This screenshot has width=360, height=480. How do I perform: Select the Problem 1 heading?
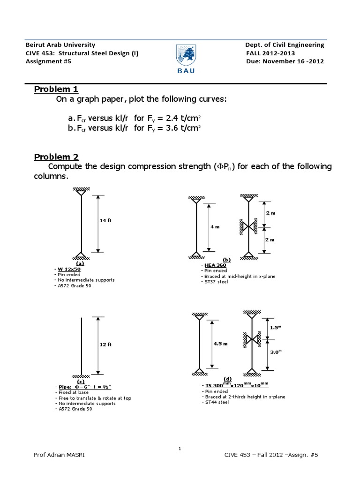click(x=56, y=90)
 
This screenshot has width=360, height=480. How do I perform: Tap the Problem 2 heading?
click(x=56, y=157)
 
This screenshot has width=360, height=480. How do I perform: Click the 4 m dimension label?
click(x=215, y=226)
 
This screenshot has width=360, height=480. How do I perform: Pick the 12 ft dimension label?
click(x=105, y=344)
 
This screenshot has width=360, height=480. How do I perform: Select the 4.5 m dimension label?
click(x=220, y=343)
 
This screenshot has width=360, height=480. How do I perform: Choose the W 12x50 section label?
click(x=69, y=269)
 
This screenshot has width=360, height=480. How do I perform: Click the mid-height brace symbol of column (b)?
click(x=247, y=227)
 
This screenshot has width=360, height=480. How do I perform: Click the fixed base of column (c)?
click(x=82, y=375)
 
